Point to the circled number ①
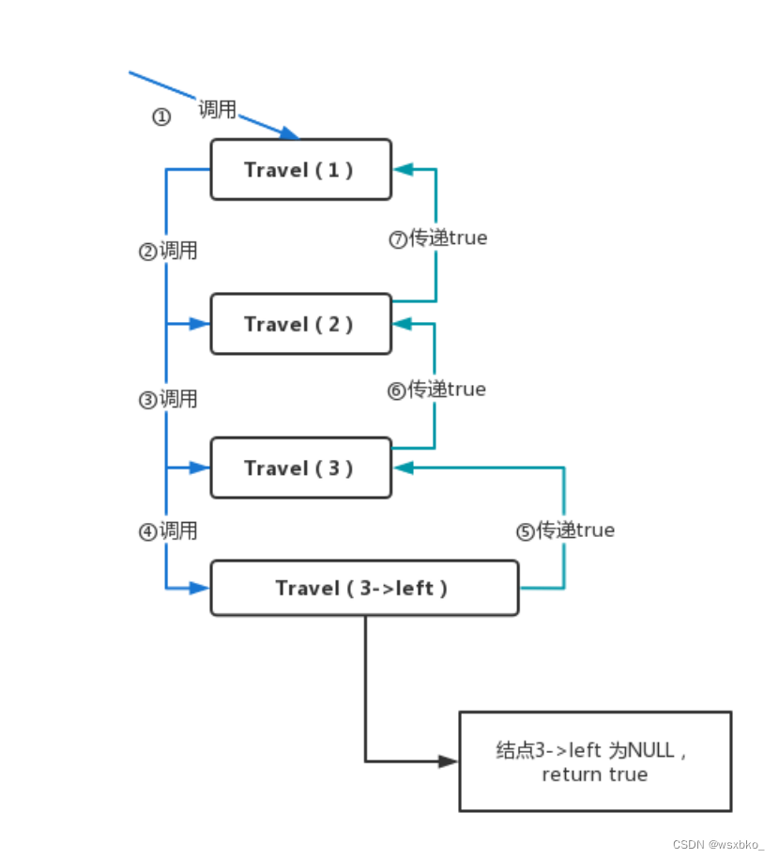(161, 116)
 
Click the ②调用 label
(168, 251)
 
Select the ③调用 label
(168, 399)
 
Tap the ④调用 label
(168, 530)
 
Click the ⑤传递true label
(565, 530)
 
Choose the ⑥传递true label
(436, 390)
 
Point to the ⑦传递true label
(438, 238)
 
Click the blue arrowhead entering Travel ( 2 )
(199, 324)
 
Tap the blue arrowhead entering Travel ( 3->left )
(199, 588)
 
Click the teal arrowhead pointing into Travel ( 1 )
(404, 169)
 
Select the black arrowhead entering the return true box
(448, 761)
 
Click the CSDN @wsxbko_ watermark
(718, 844)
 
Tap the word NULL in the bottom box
(650, 750)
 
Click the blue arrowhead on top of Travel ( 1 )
(290, 133)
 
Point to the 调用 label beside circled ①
(218, 109)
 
